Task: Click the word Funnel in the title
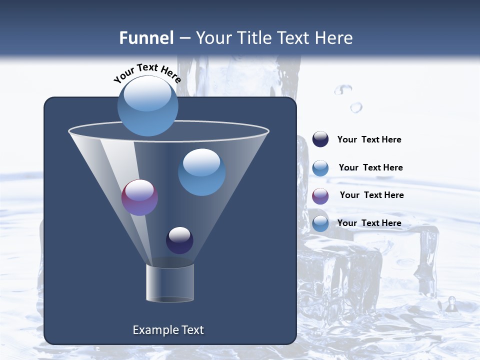coord(146,38)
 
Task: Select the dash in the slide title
coord(184,38)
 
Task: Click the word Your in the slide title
coord(211,38)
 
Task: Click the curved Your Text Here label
coord(147,73)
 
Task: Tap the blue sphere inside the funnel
coord(201,172)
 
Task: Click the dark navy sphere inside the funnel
coord(179,240)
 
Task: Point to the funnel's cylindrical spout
coord(169,282)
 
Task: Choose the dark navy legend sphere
coord(320,139)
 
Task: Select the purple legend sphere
coord(320,195)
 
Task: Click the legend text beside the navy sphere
coord(369,140)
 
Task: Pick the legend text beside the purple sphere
coord(371,195)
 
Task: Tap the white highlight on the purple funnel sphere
coord(139,189)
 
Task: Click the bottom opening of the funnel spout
coord(169,299)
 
